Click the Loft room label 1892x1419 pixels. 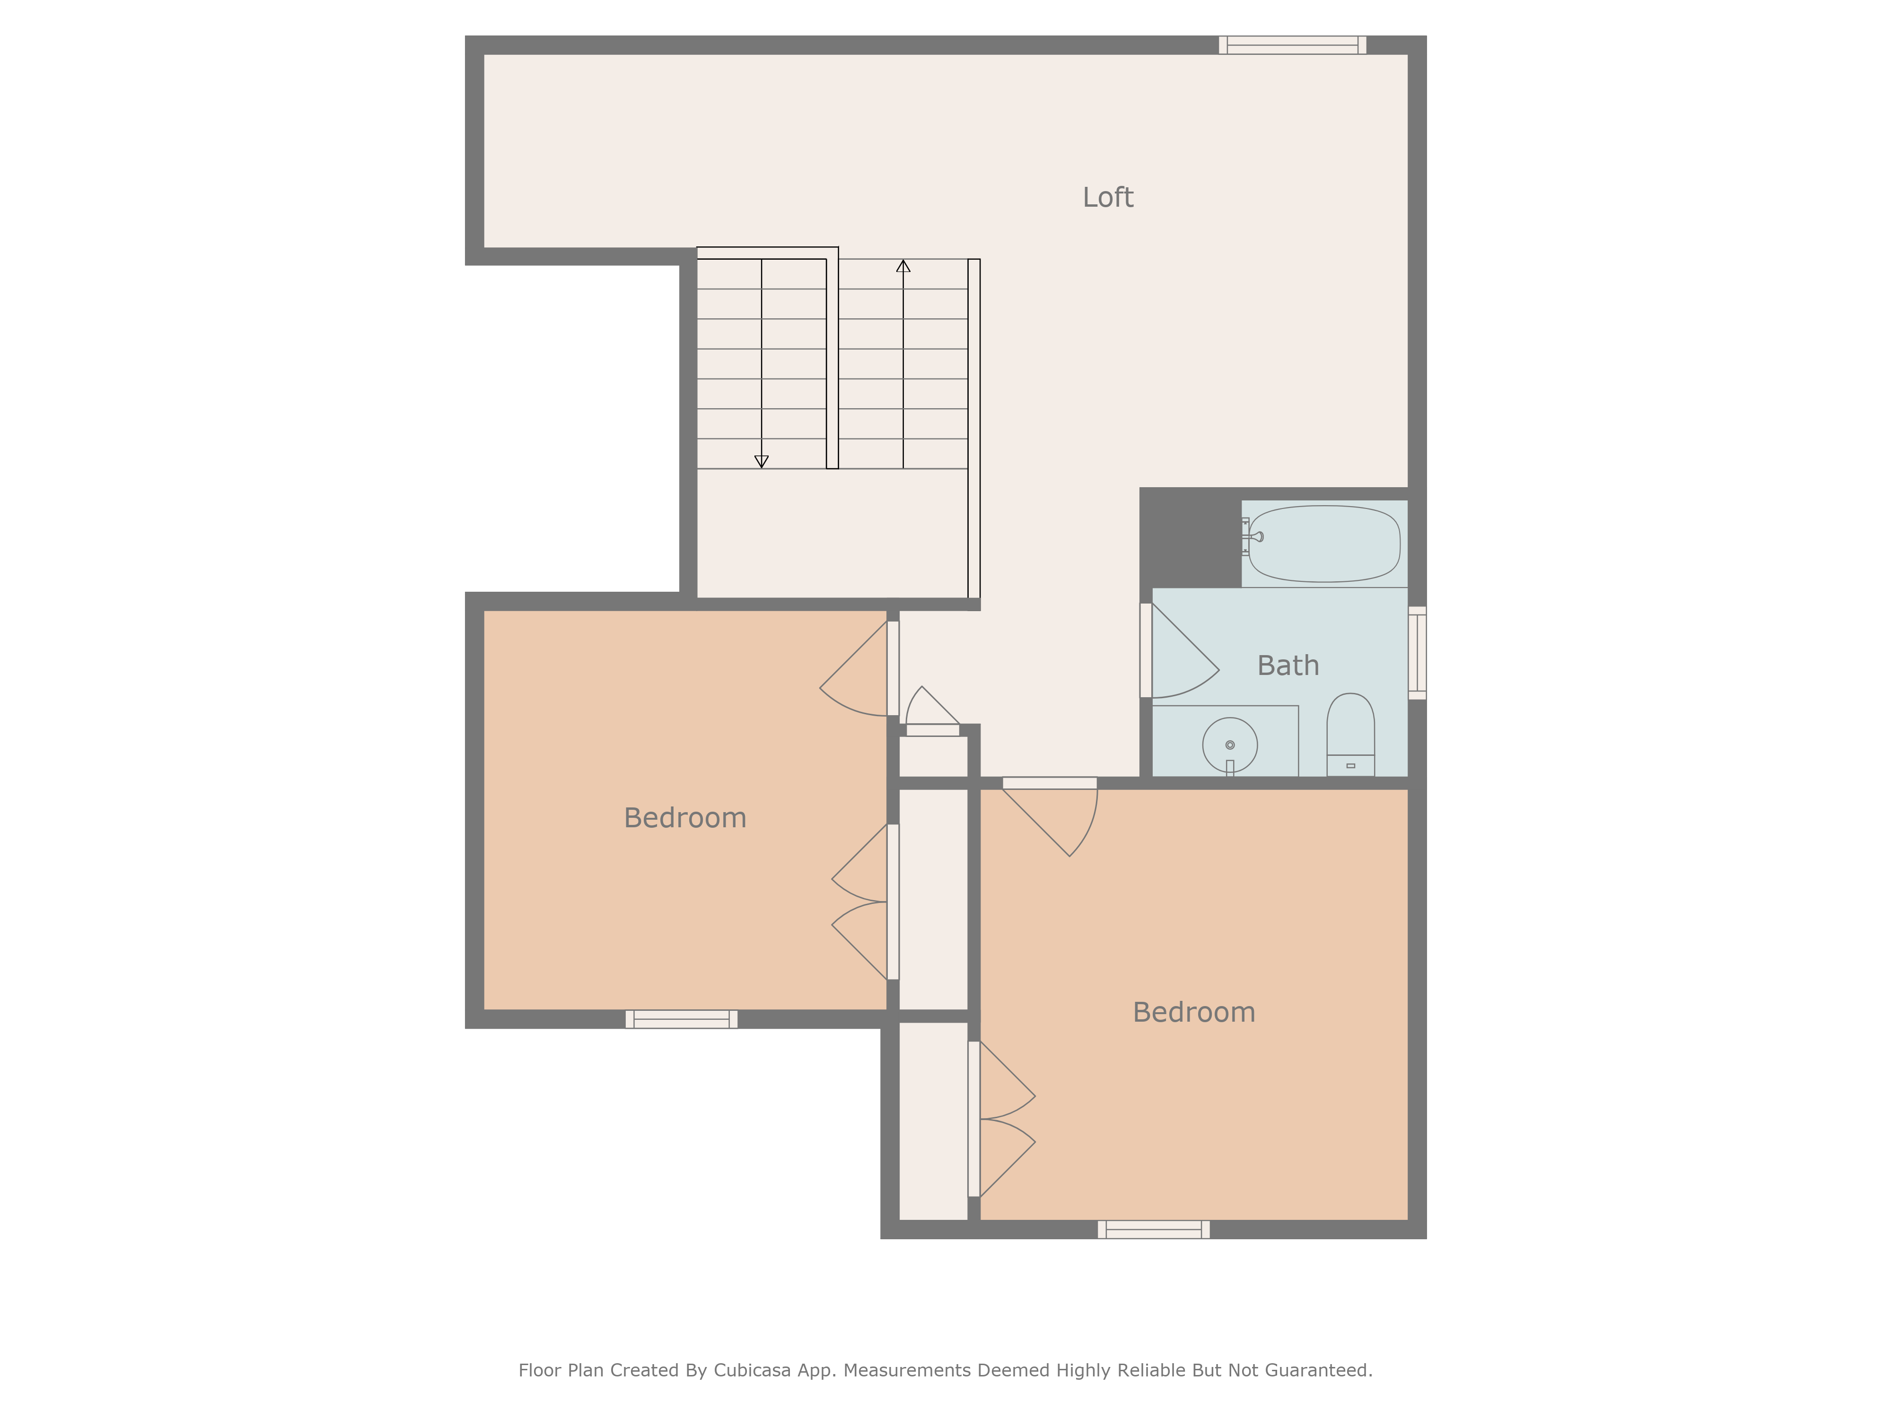(1108, 198)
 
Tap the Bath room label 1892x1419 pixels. (1288, 666)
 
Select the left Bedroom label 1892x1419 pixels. (684, 818)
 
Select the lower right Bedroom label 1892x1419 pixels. (1193, 1012)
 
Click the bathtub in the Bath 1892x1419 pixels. (1324, 544)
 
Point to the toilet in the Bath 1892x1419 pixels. (1350, 734)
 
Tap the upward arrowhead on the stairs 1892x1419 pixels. (903, 266)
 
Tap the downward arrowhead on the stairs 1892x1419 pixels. (761, 462)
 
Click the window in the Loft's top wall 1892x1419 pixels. (1292, 45)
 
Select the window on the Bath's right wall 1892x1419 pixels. (1417, 653)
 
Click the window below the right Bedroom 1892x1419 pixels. (1153, 1229)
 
